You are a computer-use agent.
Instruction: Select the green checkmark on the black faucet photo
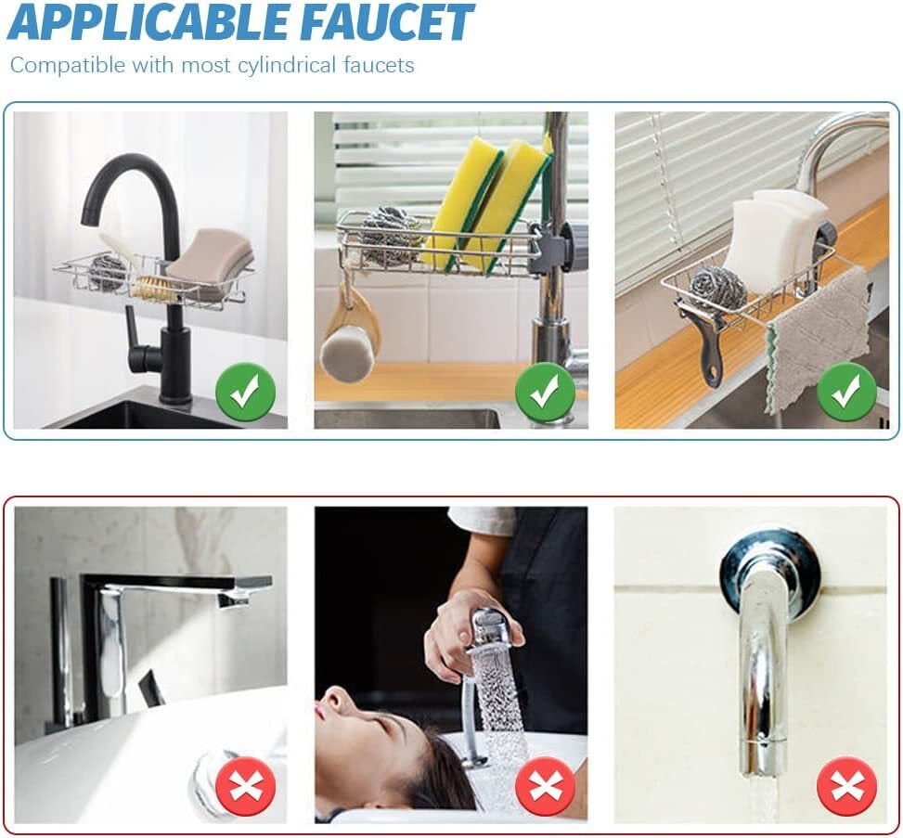(x=245, y=393)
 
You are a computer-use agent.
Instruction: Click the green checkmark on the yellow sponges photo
(x=545, y=393)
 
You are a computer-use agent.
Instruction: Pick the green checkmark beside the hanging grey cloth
(x=846, y=393)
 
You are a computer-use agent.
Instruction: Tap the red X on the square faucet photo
(x=245, y=786)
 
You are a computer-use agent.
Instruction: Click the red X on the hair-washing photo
(x=545, y=786)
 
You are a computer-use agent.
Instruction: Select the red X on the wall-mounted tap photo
(x=846, y=786)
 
